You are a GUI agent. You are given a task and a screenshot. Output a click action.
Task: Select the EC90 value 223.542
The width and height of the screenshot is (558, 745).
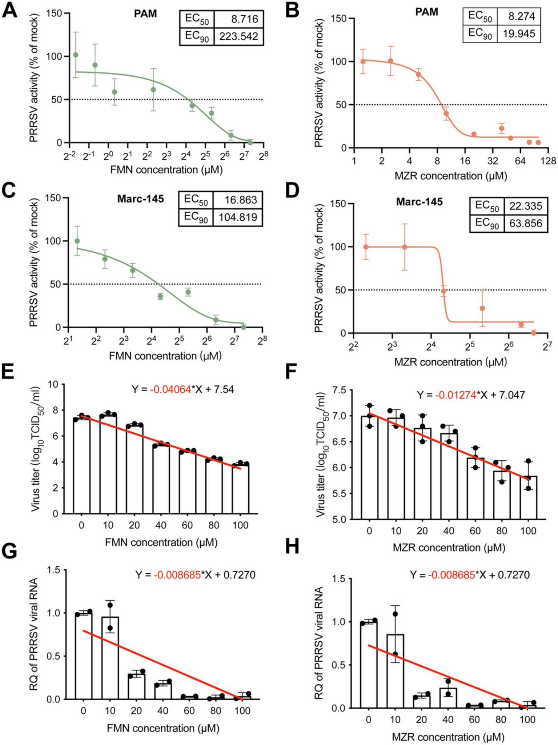(238, 36)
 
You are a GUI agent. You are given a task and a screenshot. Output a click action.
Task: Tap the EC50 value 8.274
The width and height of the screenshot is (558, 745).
(519, 16)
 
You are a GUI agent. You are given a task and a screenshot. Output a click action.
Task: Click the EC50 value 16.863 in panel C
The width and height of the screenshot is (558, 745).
(238, 200)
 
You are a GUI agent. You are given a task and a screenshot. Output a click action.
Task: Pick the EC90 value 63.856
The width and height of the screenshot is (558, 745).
(526, 223)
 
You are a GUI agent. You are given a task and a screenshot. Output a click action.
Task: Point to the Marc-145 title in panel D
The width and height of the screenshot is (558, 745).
(419, 202)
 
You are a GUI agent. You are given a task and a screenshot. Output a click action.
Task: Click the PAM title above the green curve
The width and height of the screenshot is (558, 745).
(145, 14)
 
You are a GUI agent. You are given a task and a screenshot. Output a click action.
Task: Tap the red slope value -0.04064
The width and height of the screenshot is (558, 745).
(170, 389)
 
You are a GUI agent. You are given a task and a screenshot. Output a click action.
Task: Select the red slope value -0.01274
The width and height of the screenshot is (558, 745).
(456, 395)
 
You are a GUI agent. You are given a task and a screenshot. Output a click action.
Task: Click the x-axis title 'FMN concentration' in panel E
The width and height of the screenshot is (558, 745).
(161, 542)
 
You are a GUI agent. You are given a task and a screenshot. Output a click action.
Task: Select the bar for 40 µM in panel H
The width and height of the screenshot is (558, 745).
(448, 698)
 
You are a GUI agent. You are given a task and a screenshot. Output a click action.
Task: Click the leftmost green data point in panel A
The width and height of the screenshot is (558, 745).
(76, 55)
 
